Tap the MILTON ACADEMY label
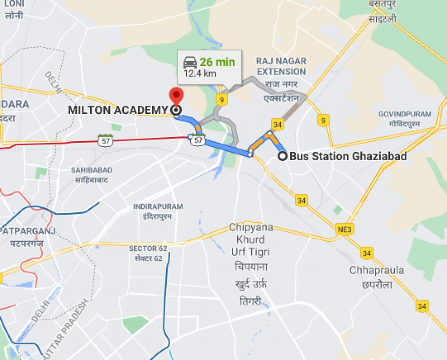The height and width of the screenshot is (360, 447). (117, 110)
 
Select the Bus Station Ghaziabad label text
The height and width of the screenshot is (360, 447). (348, 157)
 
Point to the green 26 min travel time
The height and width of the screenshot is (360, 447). (217, 62)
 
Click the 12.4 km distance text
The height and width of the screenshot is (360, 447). (200, 73)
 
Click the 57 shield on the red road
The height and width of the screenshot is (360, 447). (104, 140)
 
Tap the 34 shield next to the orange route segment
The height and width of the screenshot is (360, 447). (277, 124)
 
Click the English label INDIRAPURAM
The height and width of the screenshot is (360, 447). (158, 207)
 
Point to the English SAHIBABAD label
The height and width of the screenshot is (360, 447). (91, 170)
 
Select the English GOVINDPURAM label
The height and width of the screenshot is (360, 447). (405, 114)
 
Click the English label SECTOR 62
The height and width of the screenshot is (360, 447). (148, 249)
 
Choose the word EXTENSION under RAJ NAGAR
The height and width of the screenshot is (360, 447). (281, 72)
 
